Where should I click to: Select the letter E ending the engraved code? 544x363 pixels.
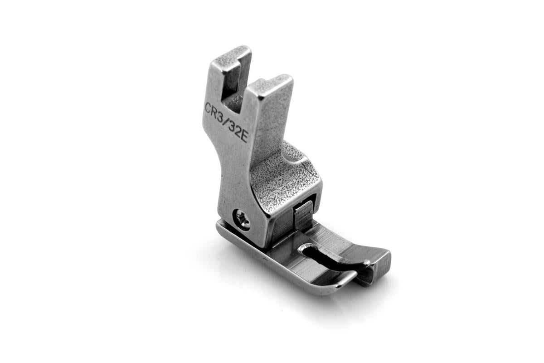pos(243,138)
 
